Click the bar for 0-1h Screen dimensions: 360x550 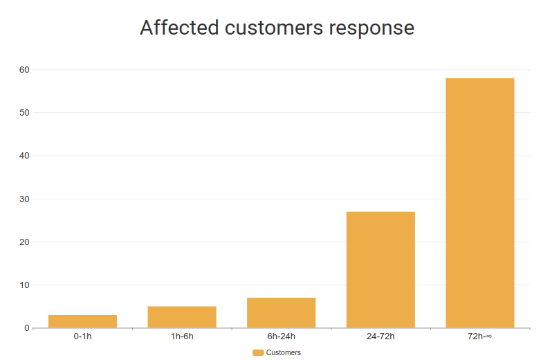pos(82,321)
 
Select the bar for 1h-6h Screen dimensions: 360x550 pos(182,317)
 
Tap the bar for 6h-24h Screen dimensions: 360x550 pos(281,313)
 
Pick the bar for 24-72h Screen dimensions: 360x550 pos(381,269)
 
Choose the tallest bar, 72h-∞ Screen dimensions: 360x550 pos(479,203)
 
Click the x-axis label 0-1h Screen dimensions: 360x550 pos(82,336)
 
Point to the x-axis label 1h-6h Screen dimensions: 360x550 pos(182,336)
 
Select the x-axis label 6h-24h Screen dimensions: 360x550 pos(281,336)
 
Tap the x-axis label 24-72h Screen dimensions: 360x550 pos(381,336)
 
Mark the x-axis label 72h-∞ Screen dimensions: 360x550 pos(479,336)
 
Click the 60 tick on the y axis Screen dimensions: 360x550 pos(24,70)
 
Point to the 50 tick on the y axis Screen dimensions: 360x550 pos(24,113)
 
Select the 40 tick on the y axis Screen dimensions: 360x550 pos(24,156)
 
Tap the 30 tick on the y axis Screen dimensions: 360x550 pos(24,199)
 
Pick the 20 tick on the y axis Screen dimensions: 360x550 pos(24,242)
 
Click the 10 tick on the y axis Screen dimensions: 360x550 pos(24,285)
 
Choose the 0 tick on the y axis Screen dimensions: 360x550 pos(26,328)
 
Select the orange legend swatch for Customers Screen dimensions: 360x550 pos(258,353)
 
